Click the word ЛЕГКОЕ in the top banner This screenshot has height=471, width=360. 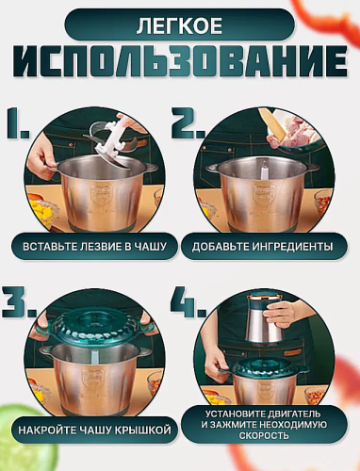click(x=179, y=24)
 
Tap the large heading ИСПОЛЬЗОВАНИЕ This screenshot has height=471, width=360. click(x=179, y=63)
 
